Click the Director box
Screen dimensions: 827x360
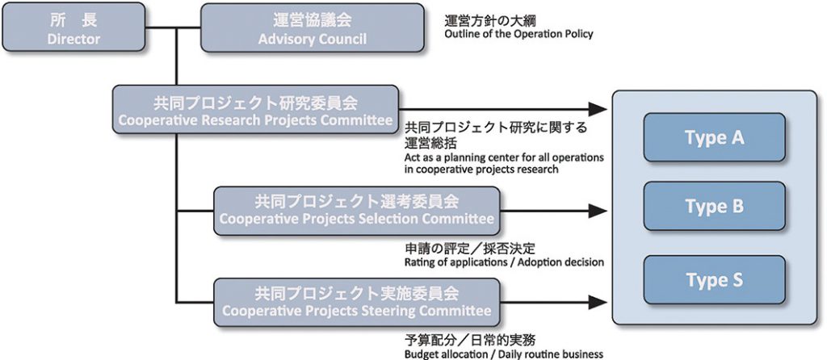click(73, 27)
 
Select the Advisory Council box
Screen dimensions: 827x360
click(313, 28)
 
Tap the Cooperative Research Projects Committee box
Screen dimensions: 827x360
click(255, 109)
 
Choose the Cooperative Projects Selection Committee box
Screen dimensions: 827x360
click(356, 211)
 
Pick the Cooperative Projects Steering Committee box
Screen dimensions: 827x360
click(356, 303)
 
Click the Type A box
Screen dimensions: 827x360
click(714, 137)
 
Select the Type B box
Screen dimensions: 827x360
click(714, 206)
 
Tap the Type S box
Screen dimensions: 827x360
click(714, 280)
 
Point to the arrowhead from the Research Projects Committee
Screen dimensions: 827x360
click(598, 109)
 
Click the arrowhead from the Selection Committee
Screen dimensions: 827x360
click(598, 211)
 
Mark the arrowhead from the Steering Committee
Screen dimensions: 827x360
click(598, 303)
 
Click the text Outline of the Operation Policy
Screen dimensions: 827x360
click(518, 34)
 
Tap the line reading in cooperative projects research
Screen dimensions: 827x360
click(481, 170)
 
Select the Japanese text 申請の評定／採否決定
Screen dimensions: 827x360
click(470, 249)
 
